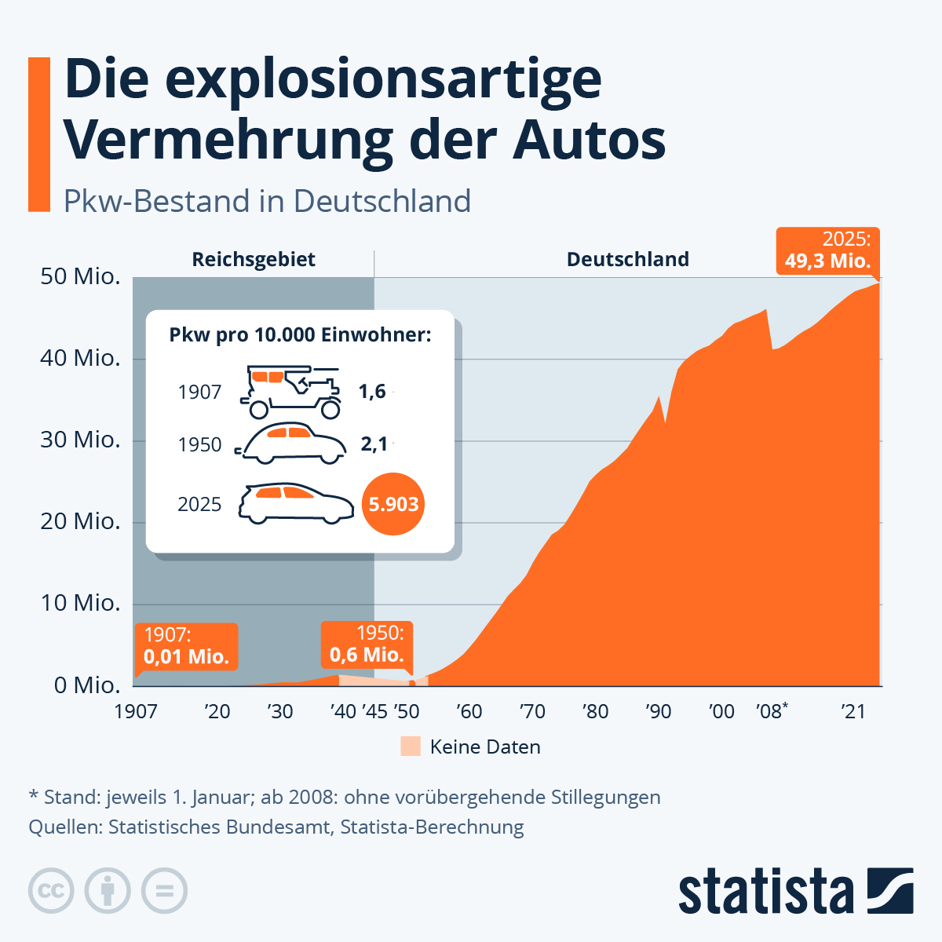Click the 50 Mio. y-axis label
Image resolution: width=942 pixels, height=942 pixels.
80,277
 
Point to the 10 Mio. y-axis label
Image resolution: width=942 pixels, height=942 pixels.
80,604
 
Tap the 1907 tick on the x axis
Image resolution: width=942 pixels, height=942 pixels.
136,712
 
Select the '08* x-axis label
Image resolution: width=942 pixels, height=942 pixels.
772,711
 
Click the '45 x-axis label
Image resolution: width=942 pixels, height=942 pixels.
374,712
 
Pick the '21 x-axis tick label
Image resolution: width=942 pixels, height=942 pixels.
853,712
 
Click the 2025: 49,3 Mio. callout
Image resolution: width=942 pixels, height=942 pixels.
827,250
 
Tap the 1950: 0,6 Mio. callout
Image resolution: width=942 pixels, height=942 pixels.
367,644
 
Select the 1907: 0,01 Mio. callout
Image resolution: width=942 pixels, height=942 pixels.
186,646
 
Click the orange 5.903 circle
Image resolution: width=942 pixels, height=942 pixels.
393,504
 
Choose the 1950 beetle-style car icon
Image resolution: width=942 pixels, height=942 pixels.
291,444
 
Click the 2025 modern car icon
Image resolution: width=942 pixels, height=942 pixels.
296,503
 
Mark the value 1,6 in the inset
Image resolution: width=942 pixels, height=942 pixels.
372,391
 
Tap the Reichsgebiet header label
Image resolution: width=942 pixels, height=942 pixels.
254,260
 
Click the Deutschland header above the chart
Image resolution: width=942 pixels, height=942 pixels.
628,260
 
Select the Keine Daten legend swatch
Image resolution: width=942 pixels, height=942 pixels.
411,747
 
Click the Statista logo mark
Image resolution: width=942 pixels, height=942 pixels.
890,891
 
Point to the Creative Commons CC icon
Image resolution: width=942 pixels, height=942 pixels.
51,891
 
